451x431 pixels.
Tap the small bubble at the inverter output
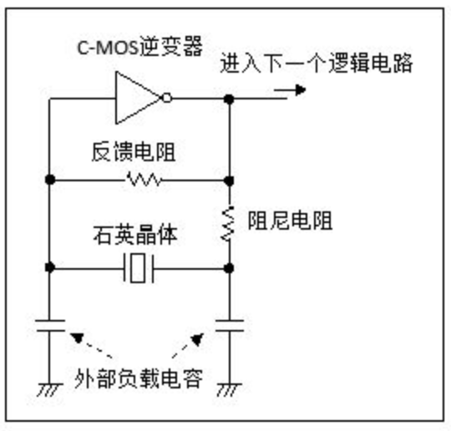169,98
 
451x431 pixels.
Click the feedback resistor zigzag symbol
143,179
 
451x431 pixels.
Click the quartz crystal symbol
139,269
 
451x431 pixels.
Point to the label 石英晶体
137,236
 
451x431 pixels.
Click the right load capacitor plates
229,324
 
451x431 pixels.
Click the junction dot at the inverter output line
229,99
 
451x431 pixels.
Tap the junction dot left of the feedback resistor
50,179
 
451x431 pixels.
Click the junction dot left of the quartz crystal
50,268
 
